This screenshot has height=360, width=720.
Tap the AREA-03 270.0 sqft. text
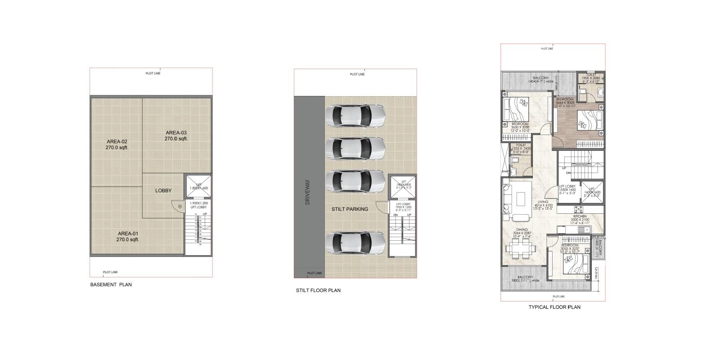(176, 135)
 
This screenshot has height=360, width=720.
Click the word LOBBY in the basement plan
(163, 190)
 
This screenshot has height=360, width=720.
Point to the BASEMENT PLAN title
(111, 284)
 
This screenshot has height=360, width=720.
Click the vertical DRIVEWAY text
(308, 192)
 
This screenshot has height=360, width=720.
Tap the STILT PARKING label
(350, 209)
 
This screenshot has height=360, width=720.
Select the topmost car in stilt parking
(355, 116)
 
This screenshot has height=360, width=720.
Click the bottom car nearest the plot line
(355, 244)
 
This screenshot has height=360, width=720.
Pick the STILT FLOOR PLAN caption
(318, 290)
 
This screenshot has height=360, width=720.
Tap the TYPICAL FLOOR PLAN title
(554, 307)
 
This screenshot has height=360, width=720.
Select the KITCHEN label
(580, 216)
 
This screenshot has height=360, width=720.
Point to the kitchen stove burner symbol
(578, 209)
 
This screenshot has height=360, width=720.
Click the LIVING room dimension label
(543, 205)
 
